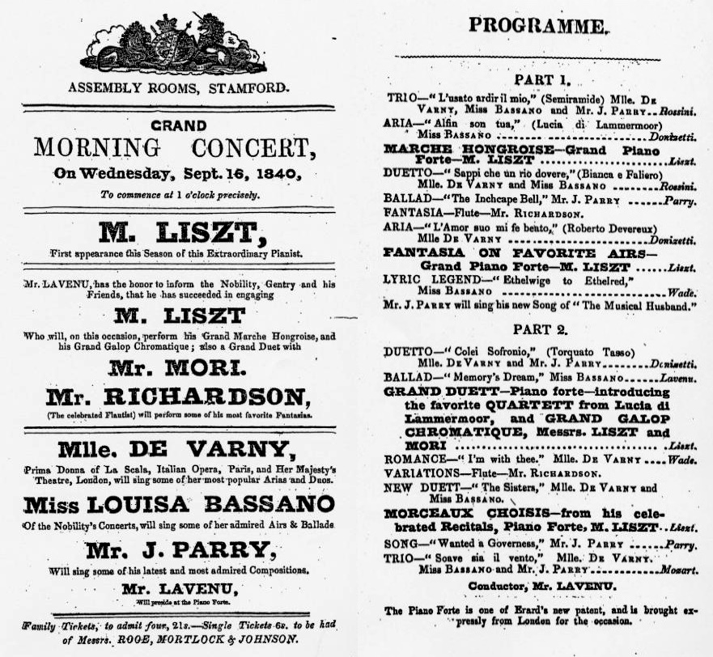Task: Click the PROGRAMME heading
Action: (x=537, y=26)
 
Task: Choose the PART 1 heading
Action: (x=542, y=80)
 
